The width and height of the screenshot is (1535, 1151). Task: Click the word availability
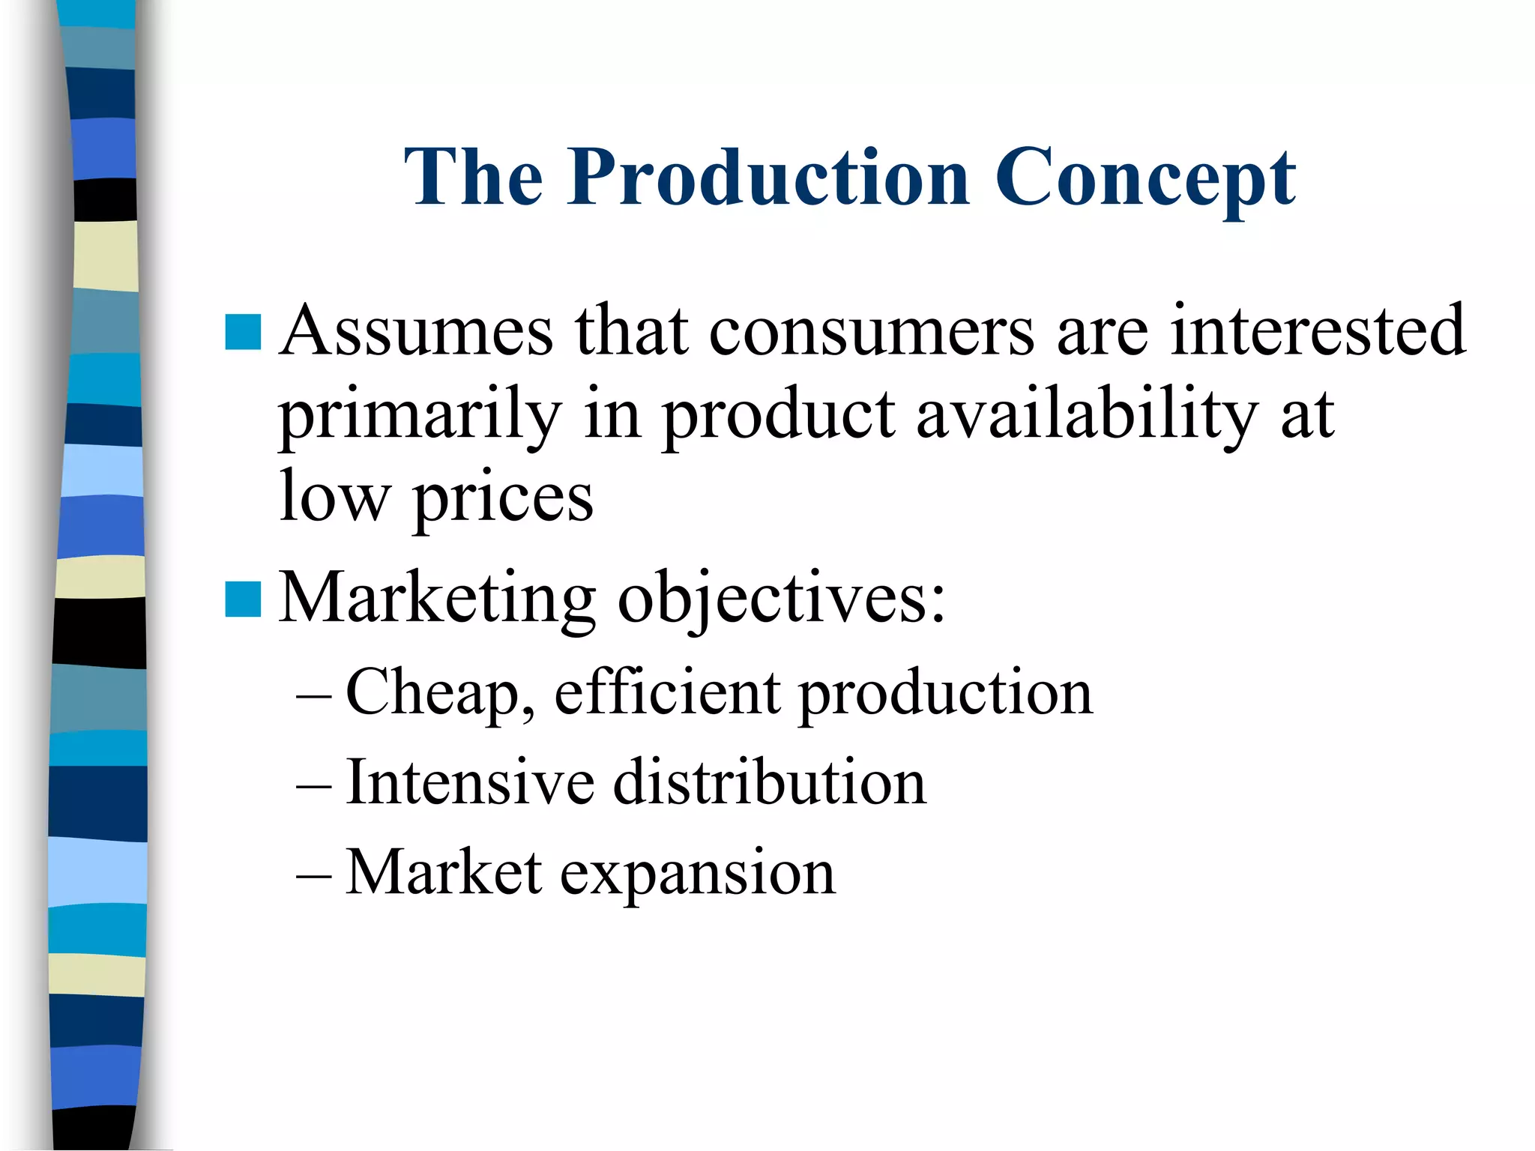tap(1086, 416)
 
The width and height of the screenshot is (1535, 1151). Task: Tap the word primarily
tap(420, 416)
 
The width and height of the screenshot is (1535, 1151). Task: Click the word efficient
tap(667, 692)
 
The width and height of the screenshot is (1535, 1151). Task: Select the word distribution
tap(770, 782)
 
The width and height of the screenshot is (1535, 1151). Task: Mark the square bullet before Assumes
tap(243, 332)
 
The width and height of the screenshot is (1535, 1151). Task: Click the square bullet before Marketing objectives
tap(243, 599)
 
